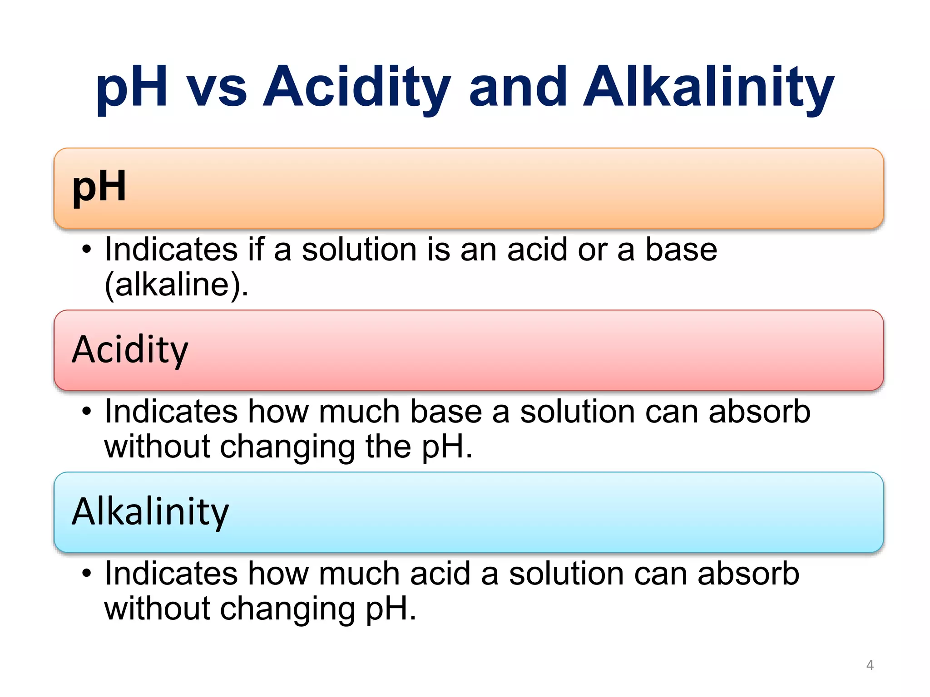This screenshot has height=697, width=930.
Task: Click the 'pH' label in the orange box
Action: pyautogui.click(x=99, y=187)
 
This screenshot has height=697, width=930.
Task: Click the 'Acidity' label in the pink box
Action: pyautogui.click(x=130, y=349)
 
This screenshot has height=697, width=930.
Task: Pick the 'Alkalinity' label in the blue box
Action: pyautogui.click(x=150, y=511)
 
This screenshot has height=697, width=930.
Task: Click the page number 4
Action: pyautogui.click(x=870, y=665)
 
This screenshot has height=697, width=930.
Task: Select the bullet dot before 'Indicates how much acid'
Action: pyautogui.click(x=87, y=574)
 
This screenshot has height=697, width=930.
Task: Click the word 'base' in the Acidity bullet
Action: pyautogui.click(x=446, y=412)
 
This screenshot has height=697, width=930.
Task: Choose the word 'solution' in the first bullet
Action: pyautogui.click(x=359, y=250)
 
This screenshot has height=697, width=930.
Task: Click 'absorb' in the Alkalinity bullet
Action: pyautogui.click(x=748, y=574)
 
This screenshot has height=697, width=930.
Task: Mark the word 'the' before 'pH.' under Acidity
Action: pyautogui.click(x=388, y=447)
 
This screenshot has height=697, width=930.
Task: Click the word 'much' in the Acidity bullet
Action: pyautogui.click(x=359, y=412)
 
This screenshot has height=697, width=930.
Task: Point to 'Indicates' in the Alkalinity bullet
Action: pyautogui.click(x=171, y=574)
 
